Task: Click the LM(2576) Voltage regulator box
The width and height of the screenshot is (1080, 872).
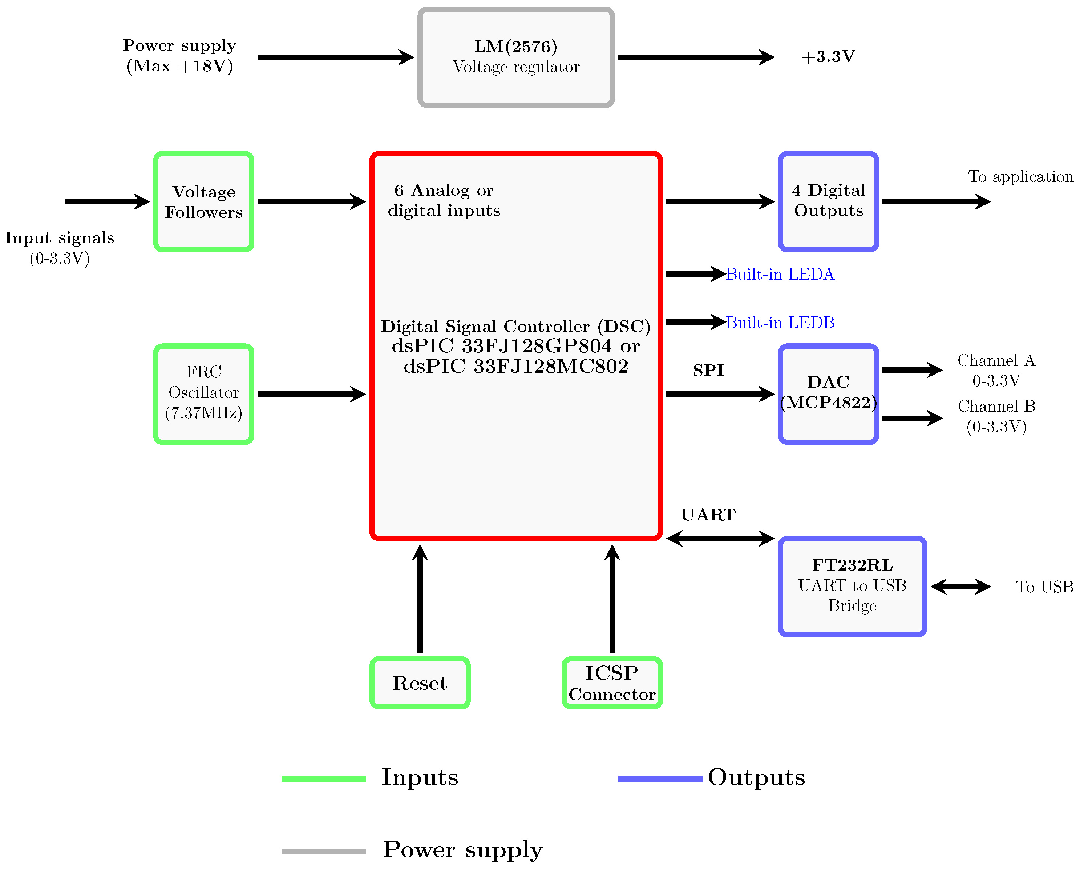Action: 516,57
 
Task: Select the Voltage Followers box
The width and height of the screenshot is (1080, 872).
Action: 204,201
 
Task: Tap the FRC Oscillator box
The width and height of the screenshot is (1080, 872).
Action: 204,394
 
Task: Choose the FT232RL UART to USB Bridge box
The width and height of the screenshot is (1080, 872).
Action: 852,586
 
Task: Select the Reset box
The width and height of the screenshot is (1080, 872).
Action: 420,683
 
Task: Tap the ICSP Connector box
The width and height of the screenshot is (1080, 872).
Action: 612,683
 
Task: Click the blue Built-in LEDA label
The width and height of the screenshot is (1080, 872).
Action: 780,274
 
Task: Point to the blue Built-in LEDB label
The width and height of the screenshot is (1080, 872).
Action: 780,323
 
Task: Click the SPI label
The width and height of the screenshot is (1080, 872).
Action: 708,371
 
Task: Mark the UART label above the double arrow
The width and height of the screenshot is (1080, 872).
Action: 708,515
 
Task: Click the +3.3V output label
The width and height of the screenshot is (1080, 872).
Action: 828,57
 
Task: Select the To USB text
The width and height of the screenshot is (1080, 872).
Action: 1044,587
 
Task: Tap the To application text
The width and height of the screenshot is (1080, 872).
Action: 1020,177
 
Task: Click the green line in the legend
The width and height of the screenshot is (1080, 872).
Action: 324,779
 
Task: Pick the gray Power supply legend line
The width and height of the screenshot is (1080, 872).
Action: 324,851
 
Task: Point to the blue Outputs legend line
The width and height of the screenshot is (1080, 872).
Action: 660,779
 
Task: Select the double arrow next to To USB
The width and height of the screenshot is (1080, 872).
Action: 960,586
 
